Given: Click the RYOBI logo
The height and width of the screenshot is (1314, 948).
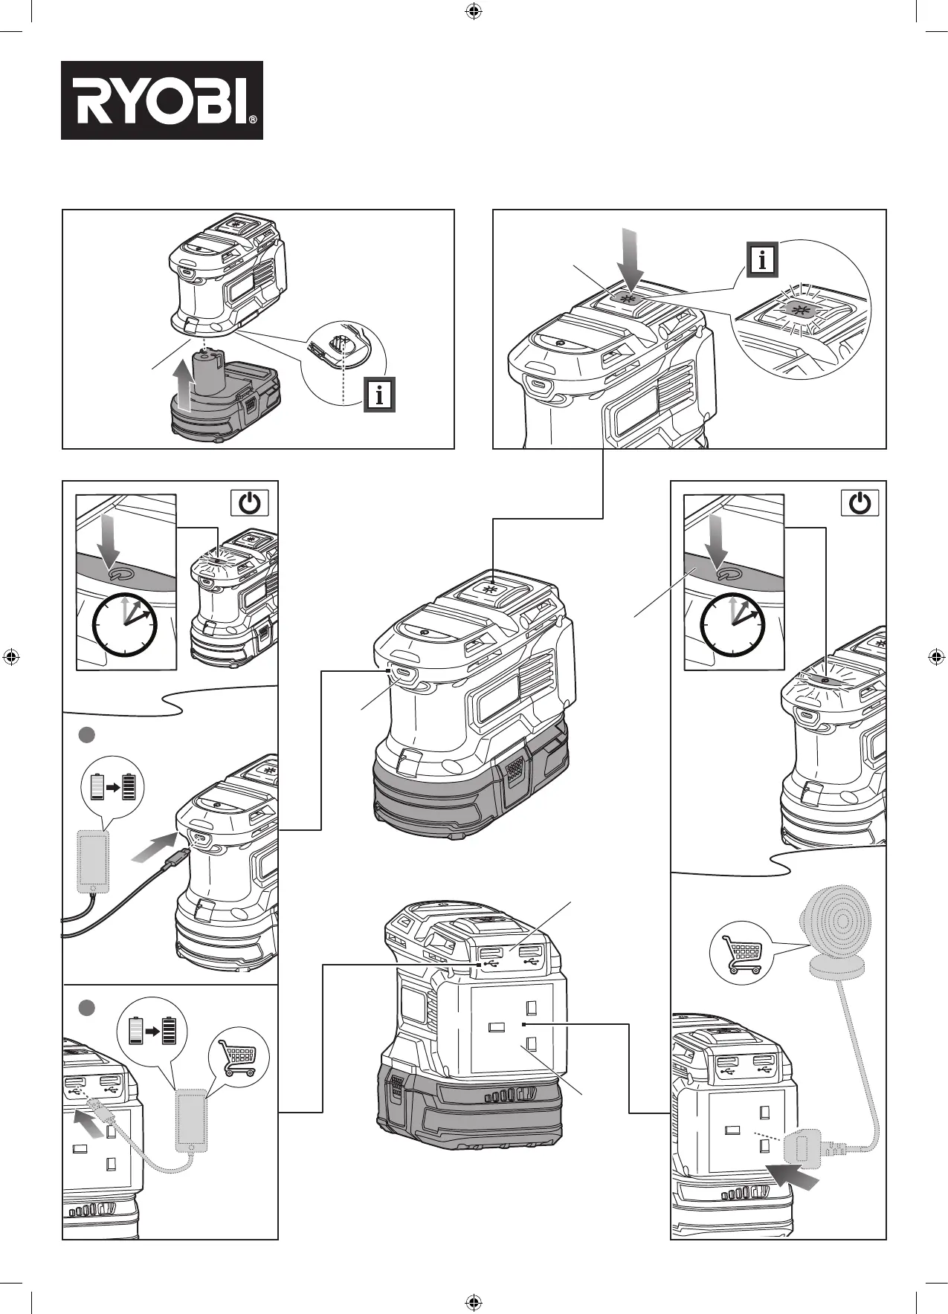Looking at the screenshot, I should point(162,100).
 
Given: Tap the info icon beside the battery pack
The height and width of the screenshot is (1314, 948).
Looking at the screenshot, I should point(379,395).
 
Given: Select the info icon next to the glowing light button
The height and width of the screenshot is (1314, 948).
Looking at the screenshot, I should point(762,259).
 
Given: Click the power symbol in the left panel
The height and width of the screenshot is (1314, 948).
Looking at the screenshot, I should point(250,503).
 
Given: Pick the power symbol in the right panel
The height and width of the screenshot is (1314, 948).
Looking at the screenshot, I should point(860,503).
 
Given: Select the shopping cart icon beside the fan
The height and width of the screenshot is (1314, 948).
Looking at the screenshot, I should point(742,952).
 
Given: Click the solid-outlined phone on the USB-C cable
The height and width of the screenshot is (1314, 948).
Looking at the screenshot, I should point(94,861).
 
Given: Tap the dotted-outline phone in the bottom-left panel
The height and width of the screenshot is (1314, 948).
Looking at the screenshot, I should point(191,1120).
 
